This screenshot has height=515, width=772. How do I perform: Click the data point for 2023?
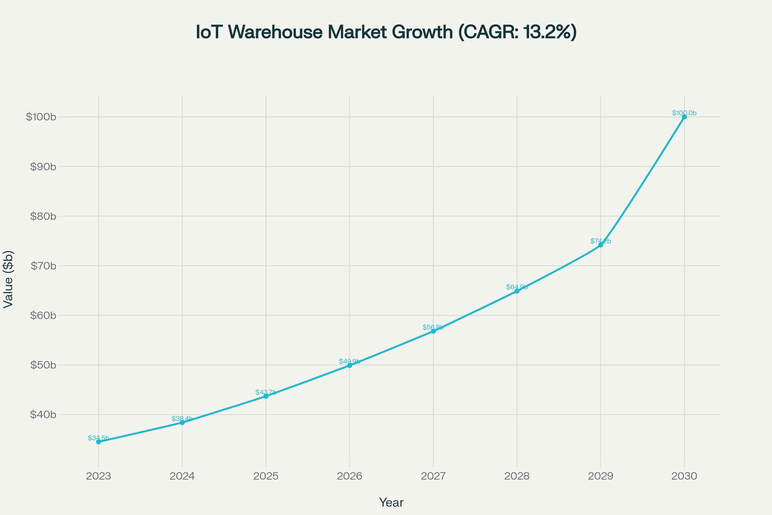click(98, 442)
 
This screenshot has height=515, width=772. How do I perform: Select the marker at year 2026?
click(350, 365)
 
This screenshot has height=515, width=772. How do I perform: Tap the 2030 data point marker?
click(685, 117)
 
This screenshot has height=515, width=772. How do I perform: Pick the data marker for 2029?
click(601, 245)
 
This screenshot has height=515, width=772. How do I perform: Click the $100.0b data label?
click(685, 113)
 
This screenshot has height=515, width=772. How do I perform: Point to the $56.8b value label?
click(433, 327)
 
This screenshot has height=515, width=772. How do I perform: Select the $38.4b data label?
click(182, 419)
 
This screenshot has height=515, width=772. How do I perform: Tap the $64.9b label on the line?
click(517, 287)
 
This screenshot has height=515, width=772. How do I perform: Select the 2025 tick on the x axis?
click(266, 476)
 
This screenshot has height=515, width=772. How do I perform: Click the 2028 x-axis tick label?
click(517, 476)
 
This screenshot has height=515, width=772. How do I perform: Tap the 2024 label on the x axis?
click(182, 476)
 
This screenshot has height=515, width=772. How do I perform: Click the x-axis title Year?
click(391, 502)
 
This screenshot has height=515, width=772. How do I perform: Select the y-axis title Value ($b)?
click(8, 279)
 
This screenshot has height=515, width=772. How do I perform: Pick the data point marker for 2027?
click(433, 331)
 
